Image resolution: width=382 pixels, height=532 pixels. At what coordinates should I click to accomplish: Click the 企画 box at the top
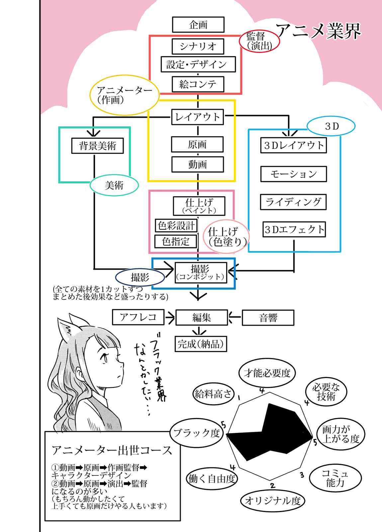pos(198,25)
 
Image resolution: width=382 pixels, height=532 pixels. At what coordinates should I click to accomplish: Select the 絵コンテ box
pos(198,84)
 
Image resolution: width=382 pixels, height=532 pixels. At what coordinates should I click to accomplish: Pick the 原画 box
pos(197,145)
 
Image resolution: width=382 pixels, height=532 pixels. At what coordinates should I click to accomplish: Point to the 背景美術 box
pos(97,146)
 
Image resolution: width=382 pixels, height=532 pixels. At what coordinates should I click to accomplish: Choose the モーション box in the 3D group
pos(293,174)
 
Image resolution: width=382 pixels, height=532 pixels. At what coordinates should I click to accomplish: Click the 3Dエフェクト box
pos(294,229)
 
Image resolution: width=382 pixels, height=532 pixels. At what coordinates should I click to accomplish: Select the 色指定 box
pos(176,241)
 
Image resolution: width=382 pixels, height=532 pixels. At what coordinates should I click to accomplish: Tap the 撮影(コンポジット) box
pos(201,273)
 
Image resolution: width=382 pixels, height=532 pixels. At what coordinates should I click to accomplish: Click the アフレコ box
pos(138,317)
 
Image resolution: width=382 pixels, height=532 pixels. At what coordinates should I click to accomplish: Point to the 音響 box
pos(268,318)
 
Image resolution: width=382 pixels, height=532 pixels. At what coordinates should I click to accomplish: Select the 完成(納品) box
pos(201,344)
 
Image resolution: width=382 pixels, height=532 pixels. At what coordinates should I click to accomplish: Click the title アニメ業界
pos(318,31)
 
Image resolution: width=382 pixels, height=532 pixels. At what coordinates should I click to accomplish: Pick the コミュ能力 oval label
pos(335,478)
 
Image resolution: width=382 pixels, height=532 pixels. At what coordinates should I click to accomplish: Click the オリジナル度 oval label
pos(272,500)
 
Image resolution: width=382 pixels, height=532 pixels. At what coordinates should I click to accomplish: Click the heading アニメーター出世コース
pos(112,450)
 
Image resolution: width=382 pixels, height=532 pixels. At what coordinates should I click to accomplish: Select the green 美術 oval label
pos(114,186)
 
